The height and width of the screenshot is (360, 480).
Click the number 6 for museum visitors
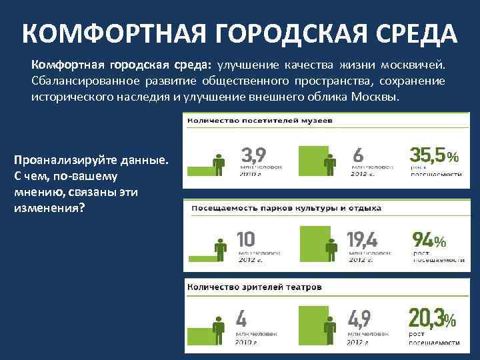pos(357,153)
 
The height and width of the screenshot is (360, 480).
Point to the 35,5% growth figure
pos(433,154)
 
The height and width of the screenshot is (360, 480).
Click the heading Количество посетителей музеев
pos(261,121)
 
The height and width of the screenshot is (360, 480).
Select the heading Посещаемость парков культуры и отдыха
pos(287,208)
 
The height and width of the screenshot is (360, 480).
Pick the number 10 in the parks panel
pos(246,239)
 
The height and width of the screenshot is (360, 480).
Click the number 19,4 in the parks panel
pos(362,239)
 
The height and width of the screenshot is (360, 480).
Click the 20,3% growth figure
pos(432,318)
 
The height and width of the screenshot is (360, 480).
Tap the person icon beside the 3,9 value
pos(218,164)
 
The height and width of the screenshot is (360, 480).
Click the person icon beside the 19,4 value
pos(329,249)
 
